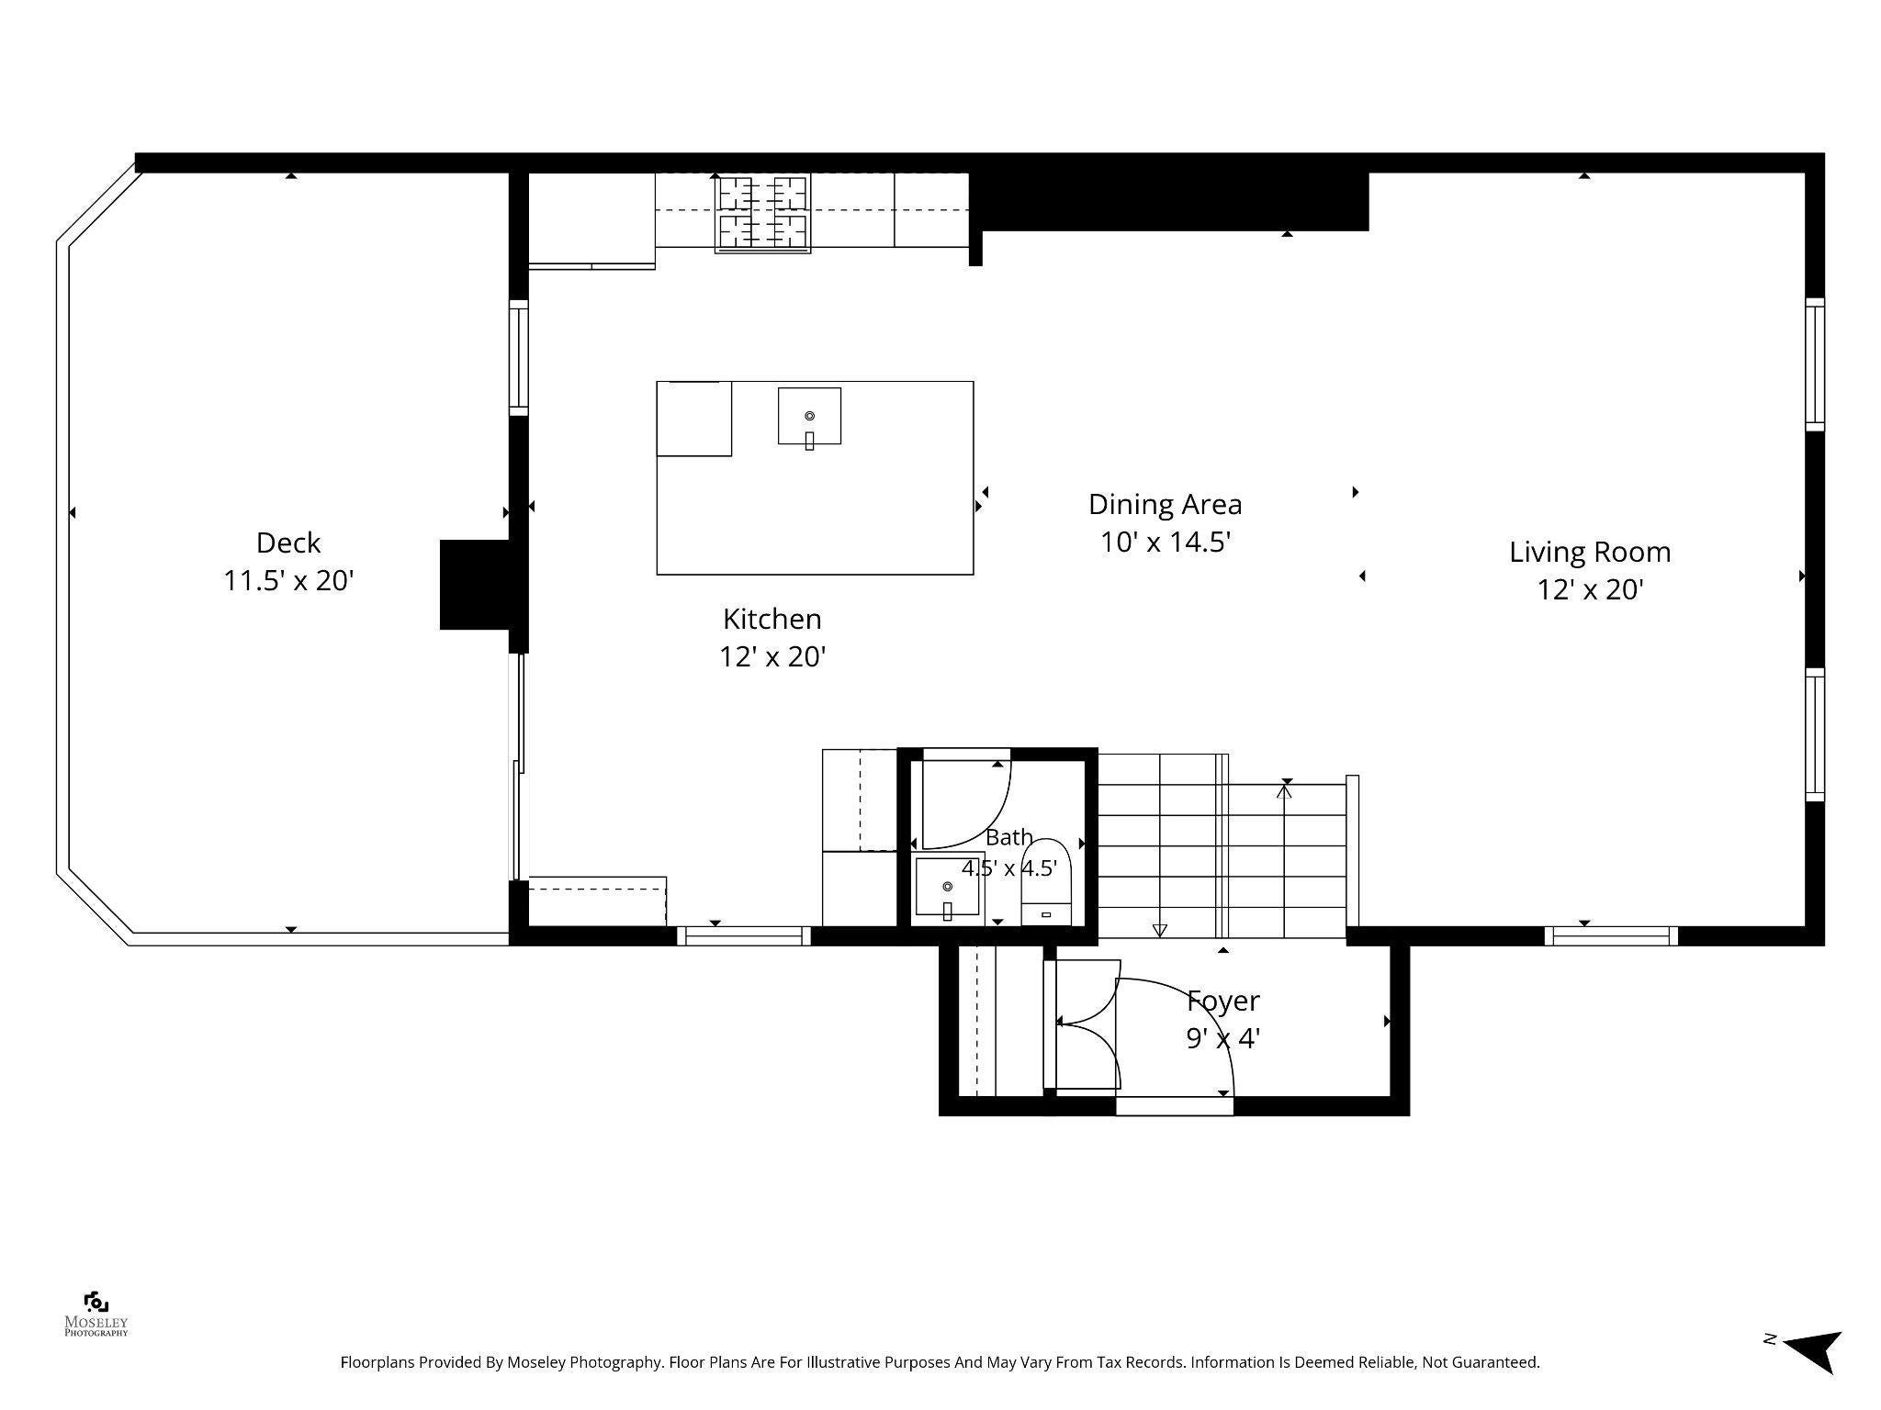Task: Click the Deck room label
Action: coord(288,543)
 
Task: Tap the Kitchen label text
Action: coord(772,619)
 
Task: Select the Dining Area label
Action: coord(1165,504)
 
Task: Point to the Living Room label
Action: coord(1590,552)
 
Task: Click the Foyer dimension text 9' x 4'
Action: coord(1223,1038)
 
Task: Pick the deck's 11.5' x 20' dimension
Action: coord(288,581)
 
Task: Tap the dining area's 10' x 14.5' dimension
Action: coord(1166,543)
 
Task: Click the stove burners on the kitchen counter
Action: coord(762,213)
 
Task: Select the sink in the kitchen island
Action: coord(809,416)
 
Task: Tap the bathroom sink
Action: coord(947,888)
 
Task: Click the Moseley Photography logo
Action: coord(96,1314)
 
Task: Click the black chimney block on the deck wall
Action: coord(475,585)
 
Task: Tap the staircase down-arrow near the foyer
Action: coord(1159,930)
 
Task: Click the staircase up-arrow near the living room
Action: coord(1284,789)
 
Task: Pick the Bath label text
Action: coord(1008,837)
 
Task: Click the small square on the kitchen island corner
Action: coord(694,419)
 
